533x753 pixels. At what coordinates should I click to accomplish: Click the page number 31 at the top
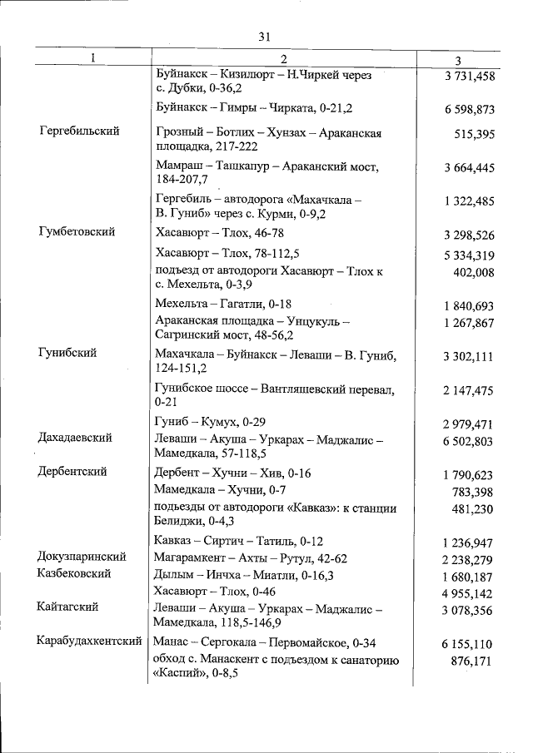click(x=265, y=37)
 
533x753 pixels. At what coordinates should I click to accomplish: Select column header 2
click(x=283, y=59)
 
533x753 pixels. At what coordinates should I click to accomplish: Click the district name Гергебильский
click(x=79, y=131)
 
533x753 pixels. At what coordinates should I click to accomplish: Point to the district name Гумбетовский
click(x=77, y=232)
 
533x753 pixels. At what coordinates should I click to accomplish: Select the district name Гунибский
click(x=67, y=353)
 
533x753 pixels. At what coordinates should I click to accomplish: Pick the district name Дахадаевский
click(x=75, y=438)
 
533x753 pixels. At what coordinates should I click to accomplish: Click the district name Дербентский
click(x=72, y=472)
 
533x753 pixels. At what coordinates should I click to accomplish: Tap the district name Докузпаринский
click(x=82, y=557)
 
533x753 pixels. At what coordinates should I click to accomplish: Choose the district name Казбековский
click(x=76, y=574)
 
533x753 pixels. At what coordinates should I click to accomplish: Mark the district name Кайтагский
click(x=68, y=608)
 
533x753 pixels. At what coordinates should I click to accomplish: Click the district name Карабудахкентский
click(x=90, y=642)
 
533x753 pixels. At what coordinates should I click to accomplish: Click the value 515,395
click(x=475, y=134)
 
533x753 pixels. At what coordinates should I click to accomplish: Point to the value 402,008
click(x=473, y=272)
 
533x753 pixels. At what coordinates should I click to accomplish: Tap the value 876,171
click(x=472, y=661)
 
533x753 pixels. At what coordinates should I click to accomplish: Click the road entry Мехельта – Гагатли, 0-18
click(x=223, y=305)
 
